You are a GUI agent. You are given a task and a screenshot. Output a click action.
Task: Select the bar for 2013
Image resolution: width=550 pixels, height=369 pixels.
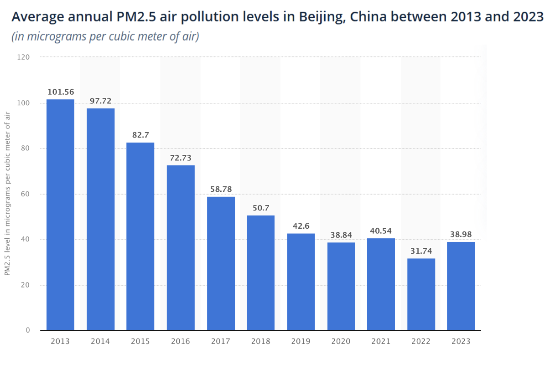tap(60, 215)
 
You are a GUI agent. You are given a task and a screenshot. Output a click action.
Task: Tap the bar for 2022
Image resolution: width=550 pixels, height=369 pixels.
tap(421, 294)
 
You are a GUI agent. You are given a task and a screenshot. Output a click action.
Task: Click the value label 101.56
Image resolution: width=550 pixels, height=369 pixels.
tap(61, 92)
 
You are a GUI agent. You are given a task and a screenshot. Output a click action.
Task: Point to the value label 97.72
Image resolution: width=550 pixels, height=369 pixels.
tap(100, 101)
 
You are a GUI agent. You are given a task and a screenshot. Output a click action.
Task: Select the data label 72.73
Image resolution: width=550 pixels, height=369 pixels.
tap(181, 158)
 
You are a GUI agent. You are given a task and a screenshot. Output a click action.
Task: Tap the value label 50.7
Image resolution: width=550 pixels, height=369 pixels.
tap(261, 208)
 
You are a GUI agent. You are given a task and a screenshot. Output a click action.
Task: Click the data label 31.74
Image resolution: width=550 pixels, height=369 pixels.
tap(421, 251)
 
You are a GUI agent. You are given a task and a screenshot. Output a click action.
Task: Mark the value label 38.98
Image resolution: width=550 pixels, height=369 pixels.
tap(461, 234)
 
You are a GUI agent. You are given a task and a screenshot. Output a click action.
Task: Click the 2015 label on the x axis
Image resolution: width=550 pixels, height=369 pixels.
tap(140, 341)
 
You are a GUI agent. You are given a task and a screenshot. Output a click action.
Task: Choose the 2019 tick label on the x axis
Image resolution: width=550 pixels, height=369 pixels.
tap(301, 341)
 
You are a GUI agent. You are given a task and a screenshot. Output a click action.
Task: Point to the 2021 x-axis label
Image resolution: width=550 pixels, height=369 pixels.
tap(381, 341)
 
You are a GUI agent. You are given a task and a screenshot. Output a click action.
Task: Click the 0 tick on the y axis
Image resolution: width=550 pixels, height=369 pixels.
tap(28, 330)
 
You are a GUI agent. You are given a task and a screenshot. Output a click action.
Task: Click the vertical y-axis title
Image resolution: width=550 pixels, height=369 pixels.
tap(7, 193)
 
